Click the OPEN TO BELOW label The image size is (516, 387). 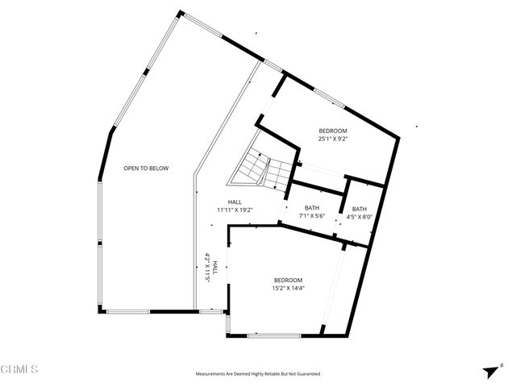point(145,169)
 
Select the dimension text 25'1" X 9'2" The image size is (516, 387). point(332,139)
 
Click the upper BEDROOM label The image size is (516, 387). point(332,131)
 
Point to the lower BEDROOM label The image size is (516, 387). point(288,280)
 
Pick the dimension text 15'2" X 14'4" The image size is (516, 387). point(288,288)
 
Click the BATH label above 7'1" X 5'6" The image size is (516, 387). point(311,208)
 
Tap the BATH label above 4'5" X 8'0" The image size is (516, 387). point(359,209)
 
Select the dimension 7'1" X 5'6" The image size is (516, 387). point(311,216)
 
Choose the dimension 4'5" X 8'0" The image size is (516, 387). point(359,217)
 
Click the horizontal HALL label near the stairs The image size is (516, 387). point(235,202)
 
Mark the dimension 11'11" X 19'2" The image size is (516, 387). point(235,210)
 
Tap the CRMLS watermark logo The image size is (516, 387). point(20,369)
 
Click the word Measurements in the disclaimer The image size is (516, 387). point(212,374)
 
